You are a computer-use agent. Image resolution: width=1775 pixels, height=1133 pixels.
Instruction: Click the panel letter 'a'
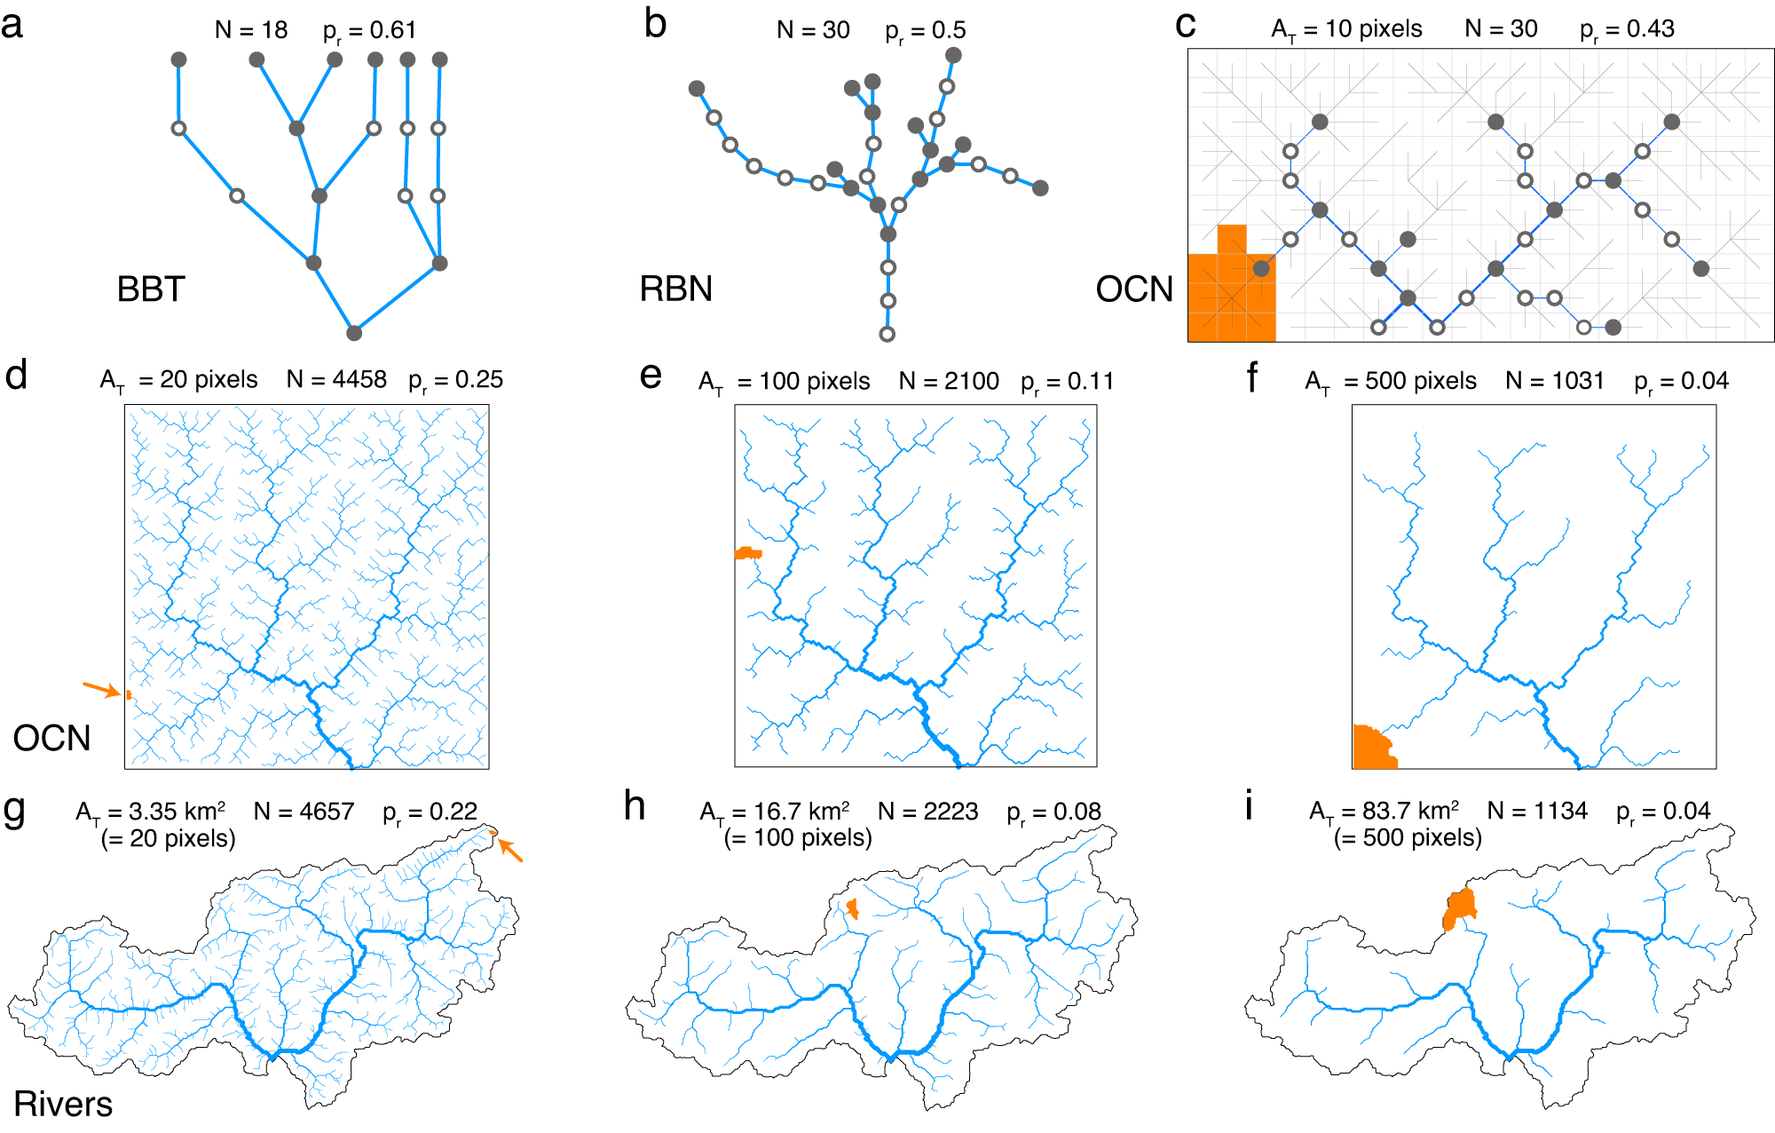click(x=12, y=25)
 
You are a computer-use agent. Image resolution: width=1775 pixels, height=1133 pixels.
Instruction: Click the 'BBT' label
click(x=151, y=289)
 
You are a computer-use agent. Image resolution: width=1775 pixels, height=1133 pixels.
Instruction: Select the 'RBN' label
click(x=675, y=289)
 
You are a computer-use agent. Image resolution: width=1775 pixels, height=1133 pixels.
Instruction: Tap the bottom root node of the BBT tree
click(x=354, y=333)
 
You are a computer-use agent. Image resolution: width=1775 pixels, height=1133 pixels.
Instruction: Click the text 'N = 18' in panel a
click(x=251, y=30)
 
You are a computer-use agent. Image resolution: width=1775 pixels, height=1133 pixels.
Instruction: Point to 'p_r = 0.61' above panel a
click(x=369, y=31)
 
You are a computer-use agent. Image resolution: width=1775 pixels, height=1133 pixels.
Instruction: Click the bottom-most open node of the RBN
click(x=887, y=335)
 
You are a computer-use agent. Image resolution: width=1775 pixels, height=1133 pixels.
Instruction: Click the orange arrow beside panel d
click(x=100, y=689)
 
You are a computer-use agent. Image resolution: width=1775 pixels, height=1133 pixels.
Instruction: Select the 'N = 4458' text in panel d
click(x=336, y=380)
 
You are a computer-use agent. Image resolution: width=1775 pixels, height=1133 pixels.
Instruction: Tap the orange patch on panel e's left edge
click(x=747, y=553)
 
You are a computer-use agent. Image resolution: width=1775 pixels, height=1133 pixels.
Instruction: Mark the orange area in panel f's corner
click(x=1371, y=749)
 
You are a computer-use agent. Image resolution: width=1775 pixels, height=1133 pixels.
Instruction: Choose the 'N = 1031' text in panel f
click(x=1555, y=381)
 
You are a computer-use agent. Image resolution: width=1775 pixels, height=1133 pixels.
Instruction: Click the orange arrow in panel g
click(x=510, y=851)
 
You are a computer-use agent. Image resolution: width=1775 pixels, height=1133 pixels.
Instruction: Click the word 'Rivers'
click(x=63, y=1104)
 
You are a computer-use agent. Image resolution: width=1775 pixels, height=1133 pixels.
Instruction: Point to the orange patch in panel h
click(x=853, y=908)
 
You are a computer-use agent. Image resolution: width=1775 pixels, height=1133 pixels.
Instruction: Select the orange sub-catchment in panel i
click(x=1459, y=908)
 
